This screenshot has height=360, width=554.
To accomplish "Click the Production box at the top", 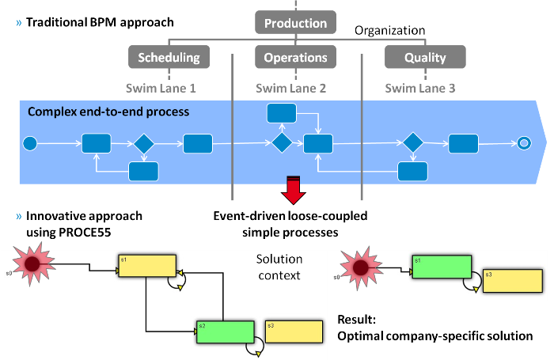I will tap(295, 23).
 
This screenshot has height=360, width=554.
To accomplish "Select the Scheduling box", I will tap(169, 57).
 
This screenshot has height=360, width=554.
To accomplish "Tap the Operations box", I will tap(295, 57).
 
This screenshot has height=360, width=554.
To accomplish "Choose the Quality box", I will tap(425, 57).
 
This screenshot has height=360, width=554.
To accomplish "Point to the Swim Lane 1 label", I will tap(161, 89).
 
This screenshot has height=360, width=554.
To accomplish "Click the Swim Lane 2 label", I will tap(291, 89).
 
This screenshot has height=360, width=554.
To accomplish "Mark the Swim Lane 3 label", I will tap(419, 89).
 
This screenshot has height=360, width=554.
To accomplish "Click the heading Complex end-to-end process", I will tap(108, 112).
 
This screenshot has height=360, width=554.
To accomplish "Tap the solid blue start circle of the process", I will tap(30, 143).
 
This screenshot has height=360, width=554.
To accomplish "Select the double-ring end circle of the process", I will tap(523, 143).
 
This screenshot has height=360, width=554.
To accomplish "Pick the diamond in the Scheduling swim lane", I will tap(143, 143).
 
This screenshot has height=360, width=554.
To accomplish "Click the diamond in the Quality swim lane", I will tap(412, 143).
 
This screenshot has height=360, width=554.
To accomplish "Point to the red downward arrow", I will tap(294, 190).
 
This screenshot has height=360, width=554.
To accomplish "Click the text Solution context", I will tap(279, 267).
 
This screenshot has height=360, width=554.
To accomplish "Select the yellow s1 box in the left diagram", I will tap(146, 266).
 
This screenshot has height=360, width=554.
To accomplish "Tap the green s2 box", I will tap(225, 332).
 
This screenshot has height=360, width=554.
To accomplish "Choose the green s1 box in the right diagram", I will tap(440, 265).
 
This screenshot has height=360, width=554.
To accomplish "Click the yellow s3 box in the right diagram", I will tap(511, 281).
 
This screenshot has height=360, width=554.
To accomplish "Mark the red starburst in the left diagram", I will tap(32, 264).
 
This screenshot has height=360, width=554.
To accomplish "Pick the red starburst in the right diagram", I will tap(361, 268).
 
